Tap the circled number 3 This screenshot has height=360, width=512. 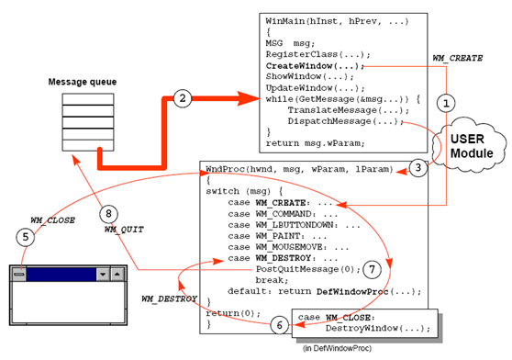[x=417, y=167]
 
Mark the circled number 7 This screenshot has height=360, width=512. [x=371, y=270]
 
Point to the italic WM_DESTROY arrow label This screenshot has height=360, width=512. [x=170, y=299]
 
